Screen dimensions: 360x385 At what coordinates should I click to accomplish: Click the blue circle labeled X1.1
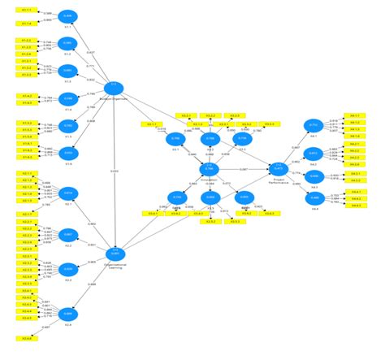67,16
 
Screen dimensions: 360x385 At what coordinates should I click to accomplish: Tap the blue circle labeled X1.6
67,153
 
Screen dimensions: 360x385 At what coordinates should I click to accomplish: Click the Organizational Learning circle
115,254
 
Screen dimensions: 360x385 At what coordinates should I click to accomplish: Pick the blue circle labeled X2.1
67,193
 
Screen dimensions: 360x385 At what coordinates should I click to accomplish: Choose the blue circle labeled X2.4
67,313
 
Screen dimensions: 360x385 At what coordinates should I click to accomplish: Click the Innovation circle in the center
210,169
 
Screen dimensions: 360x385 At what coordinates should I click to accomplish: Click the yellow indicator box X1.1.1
26,10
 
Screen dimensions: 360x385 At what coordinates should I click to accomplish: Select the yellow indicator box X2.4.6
26,336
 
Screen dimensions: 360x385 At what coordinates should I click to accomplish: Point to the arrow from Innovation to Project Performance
244,168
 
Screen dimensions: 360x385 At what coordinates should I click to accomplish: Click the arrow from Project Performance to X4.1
296,146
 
